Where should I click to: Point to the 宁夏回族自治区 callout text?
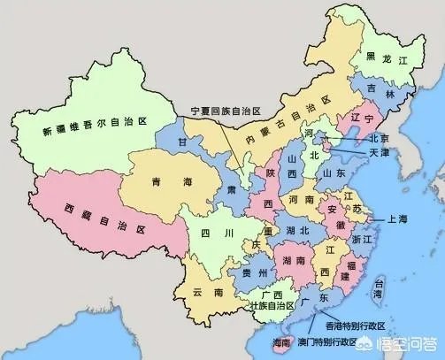point(226,111)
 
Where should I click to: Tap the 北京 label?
point(379,139)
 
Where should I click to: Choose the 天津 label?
point(379,153)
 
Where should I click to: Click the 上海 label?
point(397,218)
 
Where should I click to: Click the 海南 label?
point(281,341)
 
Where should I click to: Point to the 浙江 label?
point(363,239)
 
